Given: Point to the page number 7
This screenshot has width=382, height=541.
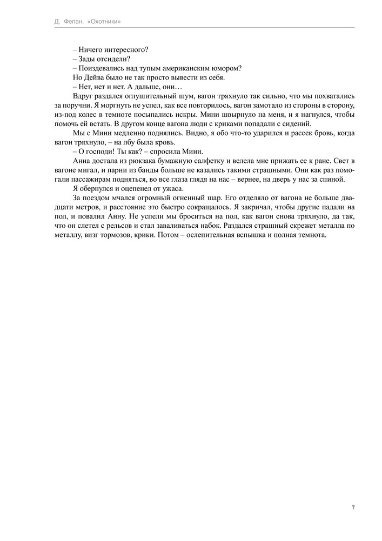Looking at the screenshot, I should tap(353, 507).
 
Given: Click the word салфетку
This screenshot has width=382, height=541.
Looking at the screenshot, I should tap(206, 161).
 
